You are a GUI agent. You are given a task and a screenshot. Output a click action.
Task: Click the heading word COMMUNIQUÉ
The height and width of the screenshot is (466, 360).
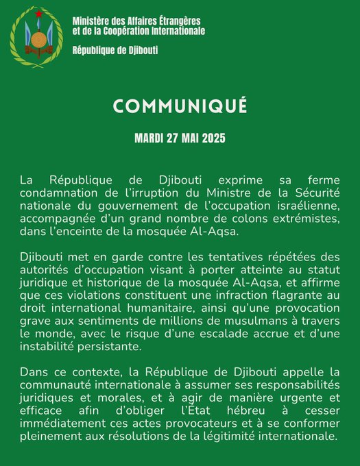(x=180, y=106)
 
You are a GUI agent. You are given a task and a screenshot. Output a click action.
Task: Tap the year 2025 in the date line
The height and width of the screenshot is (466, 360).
(x=211, y=138)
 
